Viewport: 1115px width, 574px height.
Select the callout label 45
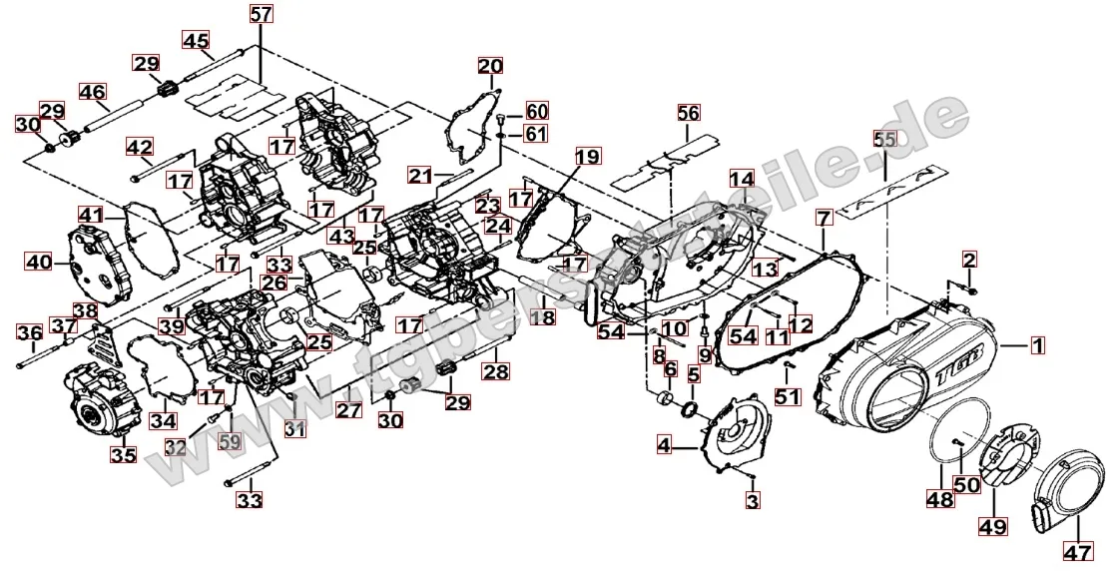pos(196,40)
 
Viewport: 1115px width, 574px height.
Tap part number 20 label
pos(490,67)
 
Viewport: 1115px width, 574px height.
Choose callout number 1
pos(1037,345)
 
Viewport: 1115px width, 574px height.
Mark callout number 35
pos(123,455)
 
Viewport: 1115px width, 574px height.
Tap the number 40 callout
pos(38,263)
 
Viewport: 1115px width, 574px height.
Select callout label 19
pos(588,157)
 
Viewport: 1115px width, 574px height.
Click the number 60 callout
pos(537,110)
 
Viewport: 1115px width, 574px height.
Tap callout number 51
pos(789,397)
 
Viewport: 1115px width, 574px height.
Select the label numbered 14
pos(741,180)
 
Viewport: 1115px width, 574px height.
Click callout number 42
pos(140,147)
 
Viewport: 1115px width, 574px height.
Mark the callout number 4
pos(664,445)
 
